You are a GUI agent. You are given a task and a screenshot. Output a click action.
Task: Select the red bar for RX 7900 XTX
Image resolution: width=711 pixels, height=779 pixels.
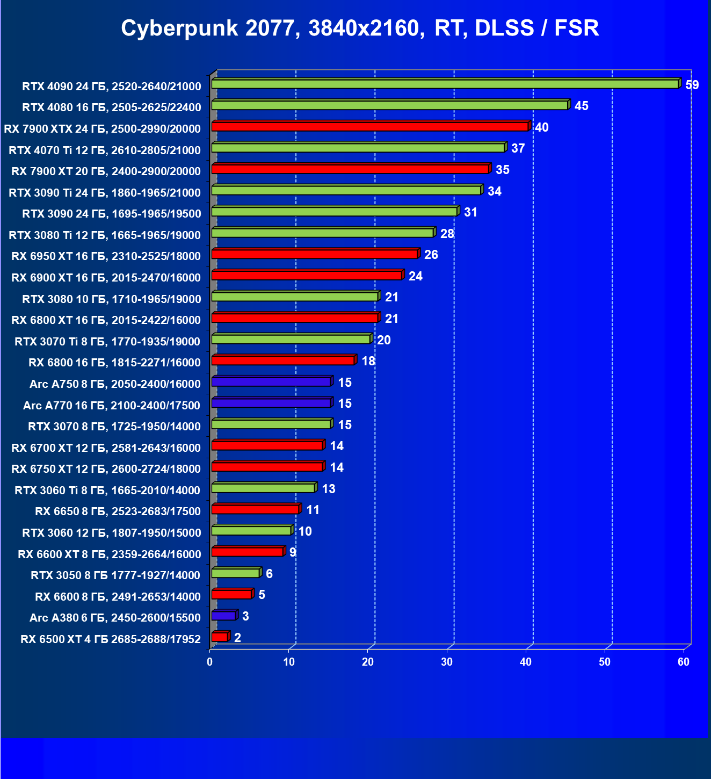click(370, 127)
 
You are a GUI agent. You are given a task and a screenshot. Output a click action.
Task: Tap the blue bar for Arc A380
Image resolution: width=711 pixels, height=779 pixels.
click(224, 616)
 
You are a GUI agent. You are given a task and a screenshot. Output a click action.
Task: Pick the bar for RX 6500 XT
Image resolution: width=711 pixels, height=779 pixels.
click(220, 637)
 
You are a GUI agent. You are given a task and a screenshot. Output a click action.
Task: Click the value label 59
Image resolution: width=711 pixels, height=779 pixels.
click(692, 85)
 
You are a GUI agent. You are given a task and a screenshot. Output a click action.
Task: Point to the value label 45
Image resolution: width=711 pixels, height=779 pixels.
click(581, 106)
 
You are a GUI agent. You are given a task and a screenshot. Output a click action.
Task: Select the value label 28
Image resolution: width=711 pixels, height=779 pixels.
click(447, 234)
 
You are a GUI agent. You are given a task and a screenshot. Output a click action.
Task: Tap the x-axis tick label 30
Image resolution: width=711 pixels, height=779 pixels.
click(447, 662)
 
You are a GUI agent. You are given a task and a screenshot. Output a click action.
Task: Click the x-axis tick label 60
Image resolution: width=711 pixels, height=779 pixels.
click(683, 662)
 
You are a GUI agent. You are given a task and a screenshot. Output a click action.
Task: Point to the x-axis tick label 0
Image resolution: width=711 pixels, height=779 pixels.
click(210, 662)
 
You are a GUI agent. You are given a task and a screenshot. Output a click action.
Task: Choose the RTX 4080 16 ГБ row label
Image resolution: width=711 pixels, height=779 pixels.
click(112, 107)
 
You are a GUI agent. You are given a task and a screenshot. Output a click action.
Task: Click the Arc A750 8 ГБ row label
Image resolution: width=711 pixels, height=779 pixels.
click(115, 384)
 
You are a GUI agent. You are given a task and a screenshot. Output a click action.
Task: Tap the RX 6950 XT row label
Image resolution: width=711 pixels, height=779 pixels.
click(106, 256)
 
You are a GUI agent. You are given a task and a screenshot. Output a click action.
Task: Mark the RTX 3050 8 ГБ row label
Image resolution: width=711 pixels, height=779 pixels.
click(115, 575)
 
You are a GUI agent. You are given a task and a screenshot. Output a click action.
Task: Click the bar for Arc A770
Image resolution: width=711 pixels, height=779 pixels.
click(271, 403)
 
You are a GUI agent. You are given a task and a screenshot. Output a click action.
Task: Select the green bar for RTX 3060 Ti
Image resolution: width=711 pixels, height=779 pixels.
click(263, 488)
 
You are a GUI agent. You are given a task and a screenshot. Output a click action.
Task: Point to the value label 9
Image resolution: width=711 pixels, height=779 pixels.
click(293, 552)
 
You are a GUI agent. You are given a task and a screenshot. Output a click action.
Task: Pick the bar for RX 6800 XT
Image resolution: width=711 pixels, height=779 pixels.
click(295, 318)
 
